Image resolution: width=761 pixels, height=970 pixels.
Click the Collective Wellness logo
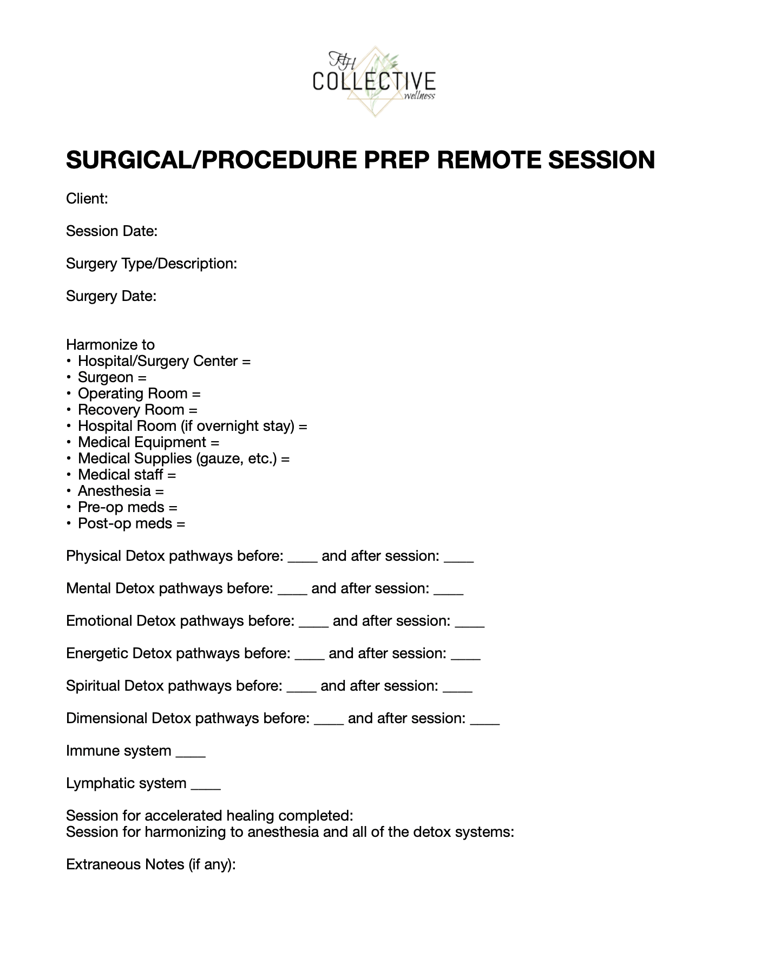[374, 81]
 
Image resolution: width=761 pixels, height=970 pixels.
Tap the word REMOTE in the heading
[488, 160]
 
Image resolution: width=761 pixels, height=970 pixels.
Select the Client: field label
[87, 199]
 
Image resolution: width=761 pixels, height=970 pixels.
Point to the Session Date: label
[111, 231]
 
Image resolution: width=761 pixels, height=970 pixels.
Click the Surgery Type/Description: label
[152, 264]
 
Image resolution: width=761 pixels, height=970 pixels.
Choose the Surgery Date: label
[111, 296]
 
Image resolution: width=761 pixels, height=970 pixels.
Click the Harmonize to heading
[110, 345]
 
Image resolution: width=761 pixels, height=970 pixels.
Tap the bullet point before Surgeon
[69, 377]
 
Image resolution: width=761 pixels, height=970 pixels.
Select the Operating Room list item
[139, 394]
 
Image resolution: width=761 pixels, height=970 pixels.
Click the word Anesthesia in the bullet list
[114, 491]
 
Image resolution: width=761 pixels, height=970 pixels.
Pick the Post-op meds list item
[132, 523]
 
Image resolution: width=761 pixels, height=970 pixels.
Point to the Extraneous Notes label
[150, 864]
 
